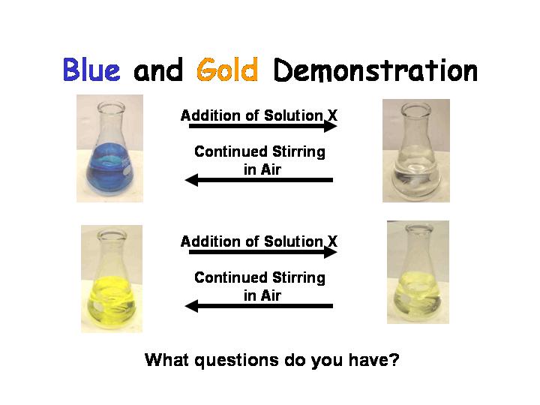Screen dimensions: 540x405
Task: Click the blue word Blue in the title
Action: coord(91,70)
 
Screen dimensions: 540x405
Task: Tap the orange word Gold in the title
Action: coord(227,70)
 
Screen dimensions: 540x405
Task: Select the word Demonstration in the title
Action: coord(376,70)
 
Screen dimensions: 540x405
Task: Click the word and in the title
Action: coord(158,70)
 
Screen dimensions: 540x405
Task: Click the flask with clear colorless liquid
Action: coord(415,151)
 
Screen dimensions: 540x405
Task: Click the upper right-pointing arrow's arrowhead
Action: coord(331,126)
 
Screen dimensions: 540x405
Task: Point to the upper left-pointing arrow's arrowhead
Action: coord(191,180)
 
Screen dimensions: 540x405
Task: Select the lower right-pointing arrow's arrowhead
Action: coord(331,252)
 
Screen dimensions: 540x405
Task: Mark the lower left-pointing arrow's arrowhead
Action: coord(191,306)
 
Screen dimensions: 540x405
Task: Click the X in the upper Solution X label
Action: coord(332,115)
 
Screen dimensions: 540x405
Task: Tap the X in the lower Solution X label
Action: coord(332,241)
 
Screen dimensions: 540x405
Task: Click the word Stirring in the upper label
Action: coord(298,151)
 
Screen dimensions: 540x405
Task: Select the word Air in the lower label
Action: coord(271,295)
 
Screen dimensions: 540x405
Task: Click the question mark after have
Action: coord(395,359)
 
